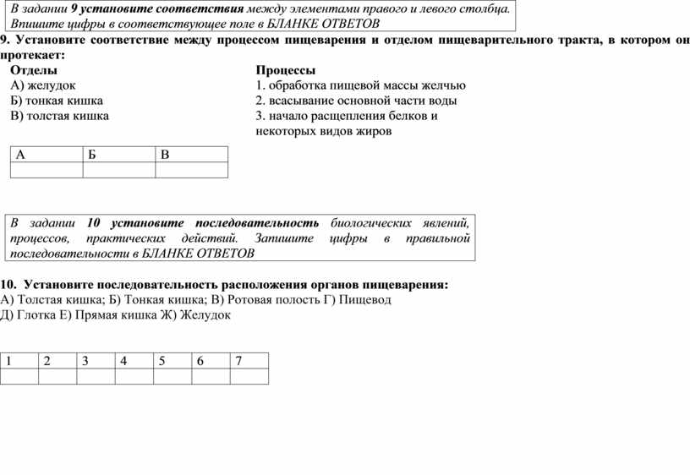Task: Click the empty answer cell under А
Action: coord(46,170)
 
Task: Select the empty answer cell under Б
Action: coord(118,170)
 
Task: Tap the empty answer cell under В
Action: coord(192,170)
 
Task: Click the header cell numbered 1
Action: coord(19,362)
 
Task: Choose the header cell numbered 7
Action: coord(249,362)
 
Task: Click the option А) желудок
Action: coord(43,85)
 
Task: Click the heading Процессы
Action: coord(285,70)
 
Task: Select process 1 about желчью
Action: coord(359,85)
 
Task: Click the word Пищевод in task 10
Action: coord(364,300)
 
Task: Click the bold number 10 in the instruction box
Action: coord(94,222)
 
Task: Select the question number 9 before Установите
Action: coord(4,40)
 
